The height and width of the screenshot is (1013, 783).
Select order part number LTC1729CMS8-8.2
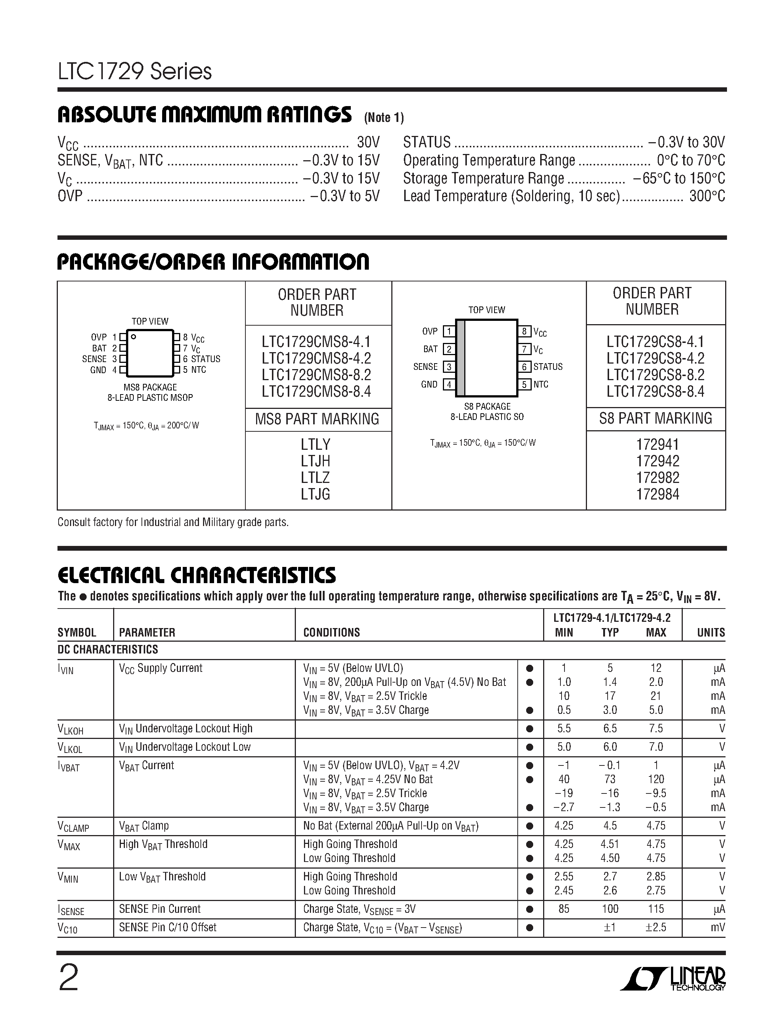(317, 375)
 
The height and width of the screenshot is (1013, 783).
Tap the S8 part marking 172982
(657, 478)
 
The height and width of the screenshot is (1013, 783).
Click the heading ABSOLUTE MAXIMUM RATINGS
(205, 115)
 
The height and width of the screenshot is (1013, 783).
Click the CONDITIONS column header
(331, 632)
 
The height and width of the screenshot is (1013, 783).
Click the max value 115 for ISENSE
(656, 909)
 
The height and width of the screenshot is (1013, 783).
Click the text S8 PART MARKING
(656, 418)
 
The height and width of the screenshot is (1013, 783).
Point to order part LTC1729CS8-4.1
(655, 342)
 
